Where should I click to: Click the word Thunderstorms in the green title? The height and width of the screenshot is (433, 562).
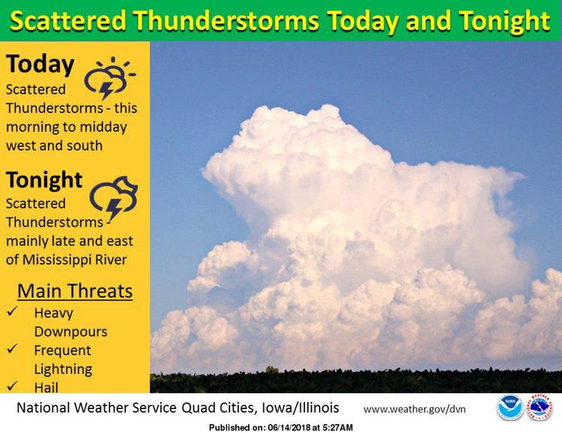226,21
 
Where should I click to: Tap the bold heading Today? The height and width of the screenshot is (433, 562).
40,64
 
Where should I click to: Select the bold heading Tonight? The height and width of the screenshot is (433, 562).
44,180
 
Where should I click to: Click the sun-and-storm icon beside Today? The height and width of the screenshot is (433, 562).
109,78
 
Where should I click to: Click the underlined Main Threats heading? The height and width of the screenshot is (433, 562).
75,291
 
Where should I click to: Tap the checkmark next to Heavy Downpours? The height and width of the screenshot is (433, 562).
12,311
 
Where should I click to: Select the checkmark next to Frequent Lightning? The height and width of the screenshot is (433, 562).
12,348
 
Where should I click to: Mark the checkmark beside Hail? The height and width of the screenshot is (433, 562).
12,385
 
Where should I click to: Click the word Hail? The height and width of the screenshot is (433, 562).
46,387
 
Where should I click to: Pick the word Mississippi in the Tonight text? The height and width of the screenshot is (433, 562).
58,260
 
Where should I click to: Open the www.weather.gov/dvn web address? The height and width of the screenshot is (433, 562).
414,409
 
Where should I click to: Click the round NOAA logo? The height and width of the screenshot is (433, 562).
510,408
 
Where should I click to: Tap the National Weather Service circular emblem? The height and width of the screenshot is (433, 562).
539,408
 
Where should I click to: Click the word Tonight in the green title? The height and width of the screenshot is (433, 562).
504,22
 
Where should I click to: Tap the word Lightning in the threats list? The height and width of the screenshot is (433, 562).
63,369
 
